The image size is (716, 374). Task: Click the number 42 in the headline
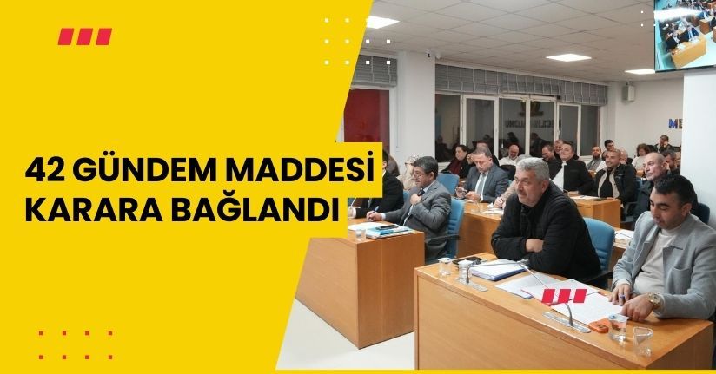coord(43,166)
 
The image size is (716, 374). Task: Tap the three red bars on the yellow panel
coord(84,36)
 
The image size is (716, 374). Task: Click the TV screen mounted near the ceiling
coord(686,33)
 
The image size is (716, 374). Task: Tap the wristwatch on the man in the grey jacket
coord(653,299)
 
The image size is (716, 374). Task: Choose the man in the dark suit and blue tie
coord(483,174)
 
